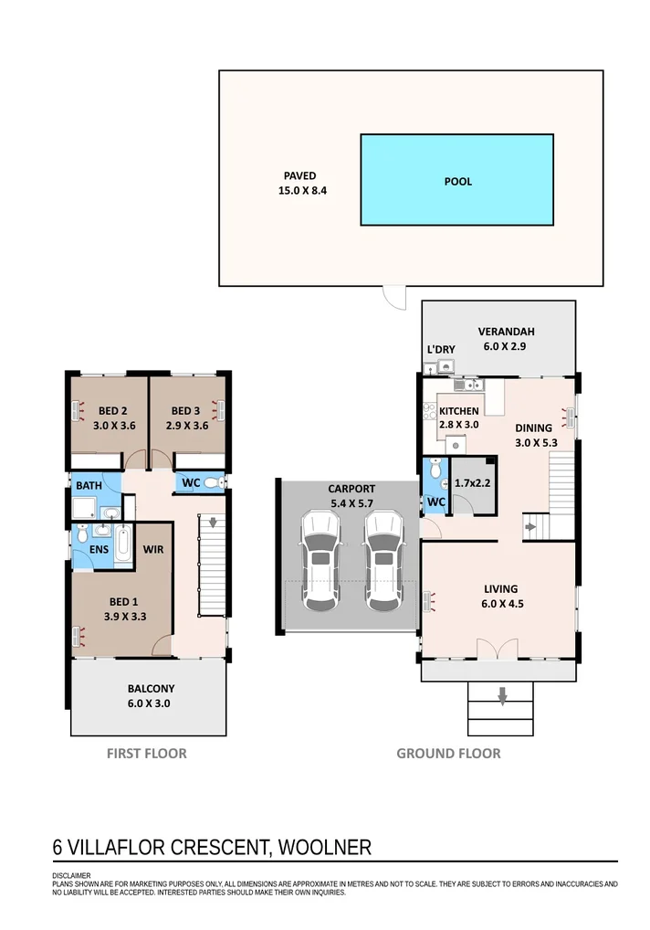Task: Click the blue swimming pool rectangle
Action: pos(456,180)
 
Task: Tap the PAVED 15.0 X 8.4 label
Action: pos(302,184)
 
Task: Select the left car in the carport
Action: pos(320,561)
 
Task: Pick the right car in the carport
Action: pos(384,561)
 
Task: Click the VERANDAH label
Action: pos(506,332)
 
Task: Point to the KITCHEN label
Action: pos(458,411)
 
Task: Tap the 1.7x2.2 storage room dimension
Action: pos(472,483)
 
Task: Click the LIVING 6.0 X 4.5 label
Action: pos(501,596)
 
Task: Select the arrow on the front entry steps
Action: pos(502,696)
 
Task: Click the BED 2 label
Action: pos(112,410)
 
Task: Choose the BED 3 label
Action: pos(185,410)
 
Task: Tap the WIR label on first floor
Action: pos(152,549)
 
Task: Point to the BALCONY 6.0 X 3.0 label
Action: pos(151,696)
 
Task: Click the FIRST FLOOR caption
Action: pos(146,754)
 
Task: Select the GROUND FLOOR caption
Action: pos(448,754)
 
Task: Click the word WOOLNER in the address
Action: pos(325,847)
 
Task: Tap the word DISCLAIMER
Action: pos(72,875)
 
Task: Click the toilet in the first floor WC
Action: pos(215,482)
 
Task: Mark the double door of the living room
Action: pos(498,648)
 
